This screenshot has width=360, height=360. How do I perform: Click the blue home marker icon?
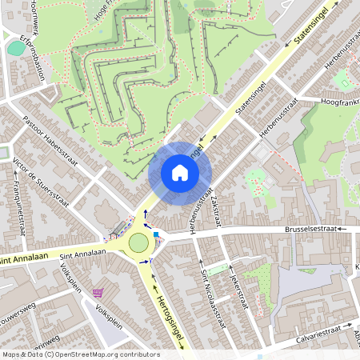pos(180,173)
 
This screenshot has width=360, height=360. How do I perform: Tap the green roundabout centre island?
pos(139,242)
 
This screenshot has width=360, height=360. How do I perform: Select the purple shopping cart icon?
pos(98,293)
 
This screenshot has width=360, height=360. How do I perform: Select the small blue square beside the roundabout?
pos(157,234)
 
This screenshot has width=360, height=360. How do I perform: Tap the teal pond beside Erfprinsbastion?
pos(15,47)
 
